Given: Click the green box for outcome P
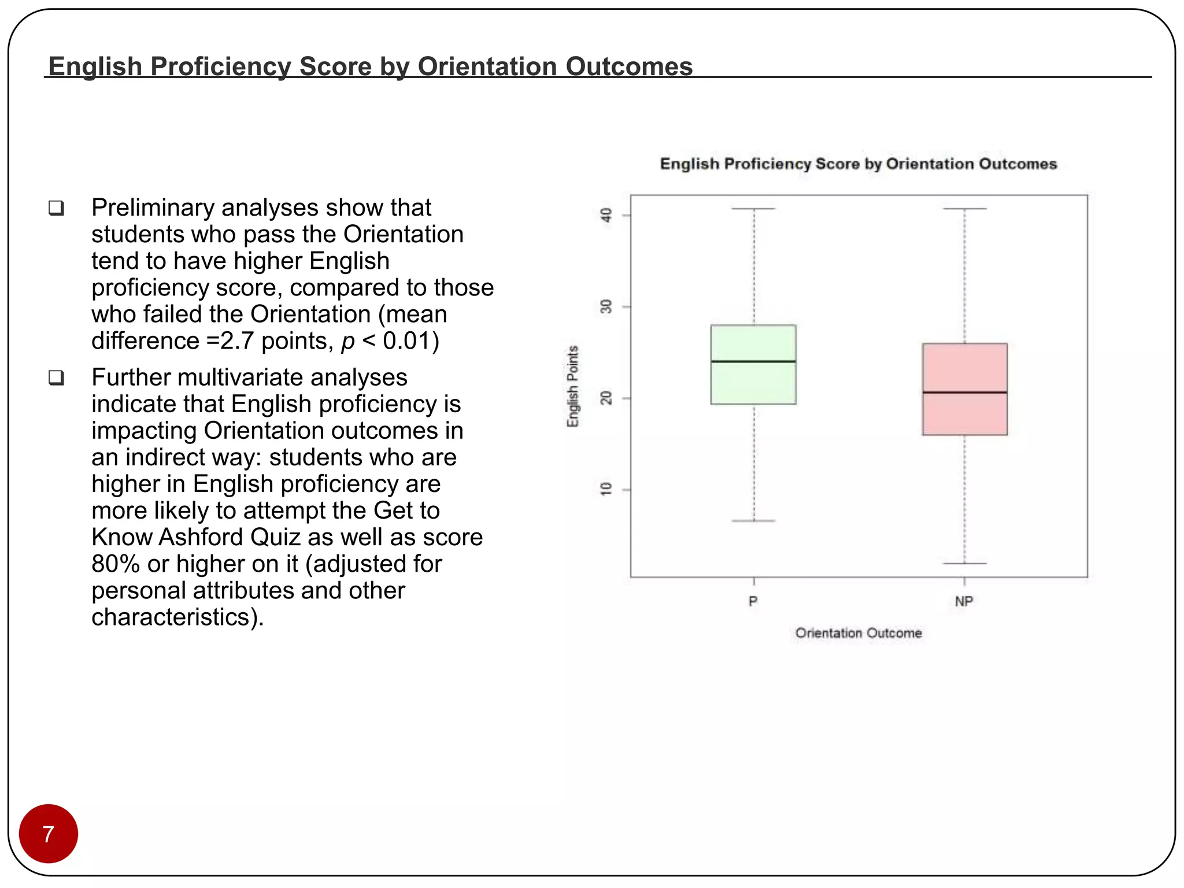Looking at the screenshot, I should (753, 382).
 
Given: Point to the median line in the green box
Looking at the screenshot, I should (753, 361).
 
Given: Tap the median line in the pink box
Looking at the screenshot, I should (964, 393).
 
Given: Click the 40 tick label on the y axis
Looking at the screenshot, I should (606, 215).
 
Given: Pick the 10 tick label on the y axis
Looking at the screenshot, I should (606, 490).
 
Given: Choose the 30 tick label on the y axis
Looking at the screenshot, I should (606, 306).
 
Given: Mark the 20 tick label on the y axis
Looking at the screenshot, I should (606, 398).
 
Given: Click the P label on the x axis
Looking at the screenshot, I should (753, 602).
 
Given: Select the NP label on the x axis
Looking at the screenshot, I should (964, 602).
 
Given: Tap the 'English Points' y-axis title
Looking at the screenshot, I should (572, 387).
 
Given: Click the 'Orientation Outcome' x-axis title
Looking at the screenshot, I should (859, 633).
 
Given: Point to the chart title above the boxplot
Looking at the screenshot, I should (859, 164).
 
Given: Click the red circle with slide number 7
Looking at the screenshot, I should (49, 834).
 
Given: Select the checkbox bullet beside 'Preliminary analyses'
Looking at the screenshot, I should (56, 208).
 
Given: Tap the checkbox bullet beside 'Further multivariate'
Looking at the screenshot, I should (56, 378).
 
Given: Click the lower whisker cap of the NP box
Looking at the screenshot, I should (964, 563).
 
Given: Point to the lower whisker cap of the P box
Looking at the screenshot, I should (753, 521).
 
